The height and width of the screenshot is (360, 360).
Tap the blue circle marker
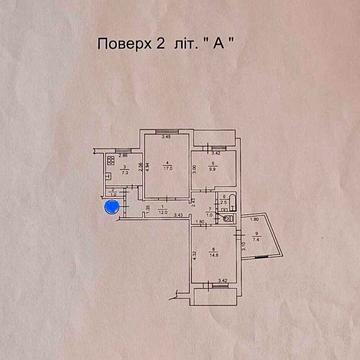coord(112,207)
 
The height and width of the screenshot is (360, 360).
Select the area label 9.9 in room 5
coord(214,169)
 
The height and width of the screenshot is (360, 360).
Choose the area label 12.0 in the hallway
coord(160,212)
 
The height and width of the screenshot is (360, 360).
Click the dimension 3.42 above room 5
coord(214,153)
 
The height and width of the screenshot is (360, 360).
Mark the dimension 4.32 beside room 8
coord(194,254)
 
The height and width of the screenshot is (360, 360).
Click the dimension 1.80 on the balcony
coord(254,219)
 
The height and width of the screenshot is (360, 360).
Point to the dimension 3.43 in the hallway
coord(178,216)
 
